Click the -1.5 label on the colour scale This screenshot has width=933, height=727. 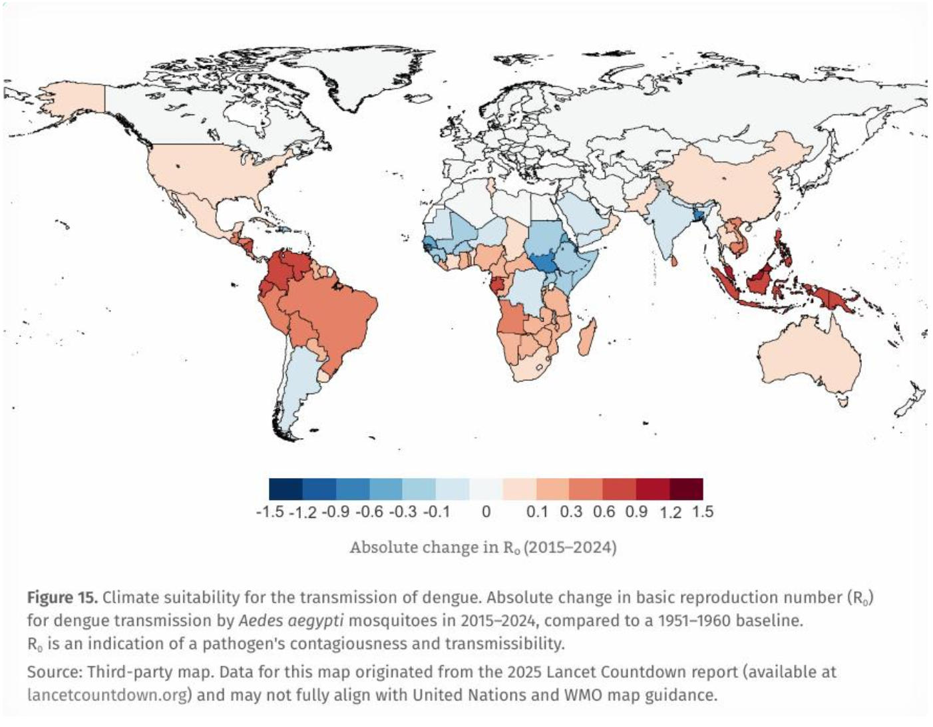coord(270,512)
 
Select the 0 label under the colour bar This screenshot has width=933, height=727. coord(486,512)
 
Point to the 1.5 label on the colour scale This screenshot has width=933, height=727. coord(703,512)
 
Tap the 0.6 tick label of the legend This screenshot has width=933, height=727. coord(604,512)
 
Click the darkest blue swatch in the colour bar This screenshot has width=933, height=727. coord(285,489)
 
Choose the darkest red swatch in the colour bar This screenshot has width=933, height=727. coord(687,489)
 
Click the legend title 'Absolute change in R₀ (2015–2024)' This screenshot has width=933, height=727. coord(483,547)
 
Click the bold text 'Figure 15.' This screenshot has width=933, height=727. coord(63,597)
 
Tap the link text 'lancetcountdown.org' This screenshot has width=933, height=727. coord(107,695)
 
